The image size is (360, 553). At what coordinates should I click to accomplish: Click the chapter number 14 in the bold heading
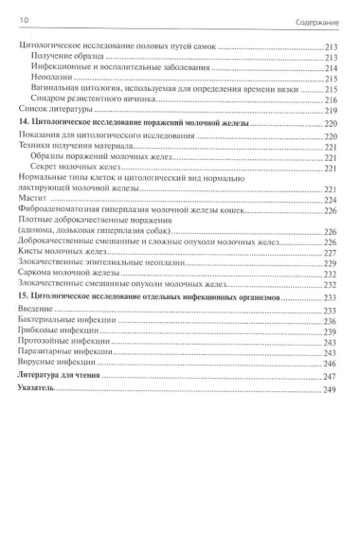23,124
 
